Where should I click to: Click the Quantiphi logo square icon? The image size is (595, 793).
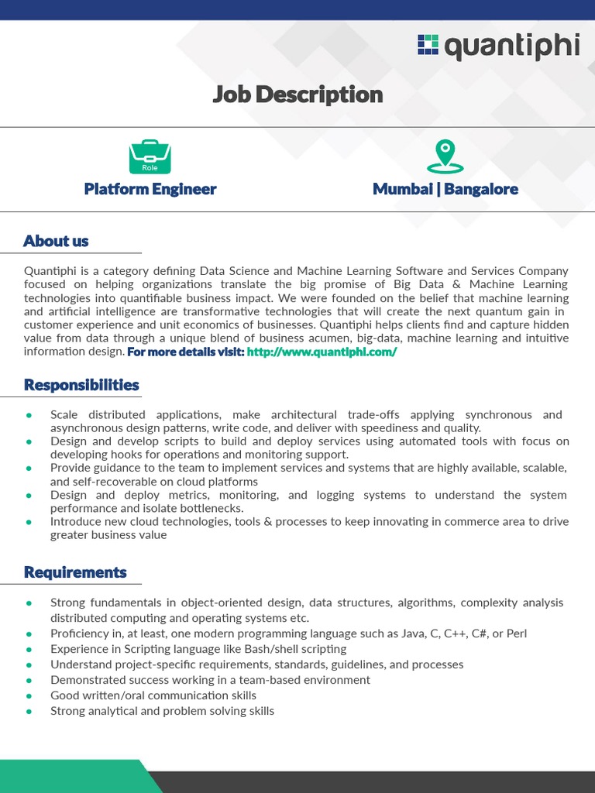pos(428,45)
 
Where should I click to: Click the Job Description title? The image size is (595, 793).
pos(297,94)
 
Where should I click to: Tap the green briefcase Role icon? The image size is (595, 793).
pos(150,157)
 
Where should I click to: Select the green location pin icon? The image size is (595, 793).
pos(445,156)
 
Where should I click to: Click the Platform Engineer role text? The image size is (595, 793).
pos(150,189)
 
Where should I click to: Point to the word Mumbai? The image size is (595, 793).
pos(402,189)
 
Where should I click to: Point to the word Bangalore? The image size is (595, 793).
pos(481,189)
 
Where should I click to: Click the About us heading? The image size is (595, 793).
pos(56,241)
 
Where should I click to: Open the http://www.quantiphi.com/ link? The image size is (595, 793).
pos(322,352)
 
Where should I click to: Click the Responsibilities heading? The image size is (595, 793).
pos(81,385)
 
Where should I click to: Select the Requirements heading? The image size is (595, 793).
pos(75,572)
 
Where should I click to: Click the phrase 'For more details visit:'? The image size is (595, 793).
pos(185,352)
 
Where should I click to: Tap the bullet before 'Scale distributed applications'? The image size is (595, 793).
pos(29,415)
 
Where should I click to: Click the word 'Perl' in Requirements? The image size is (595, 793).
pos(515,633)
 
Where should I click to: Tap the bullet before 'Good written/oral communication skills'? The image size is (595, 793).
pos(29,695)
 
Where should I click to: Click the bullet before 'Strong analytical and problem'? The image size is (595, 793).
pos(29,711)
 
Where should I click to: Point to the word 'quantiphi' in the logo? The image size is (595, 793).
pos(511,46)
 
